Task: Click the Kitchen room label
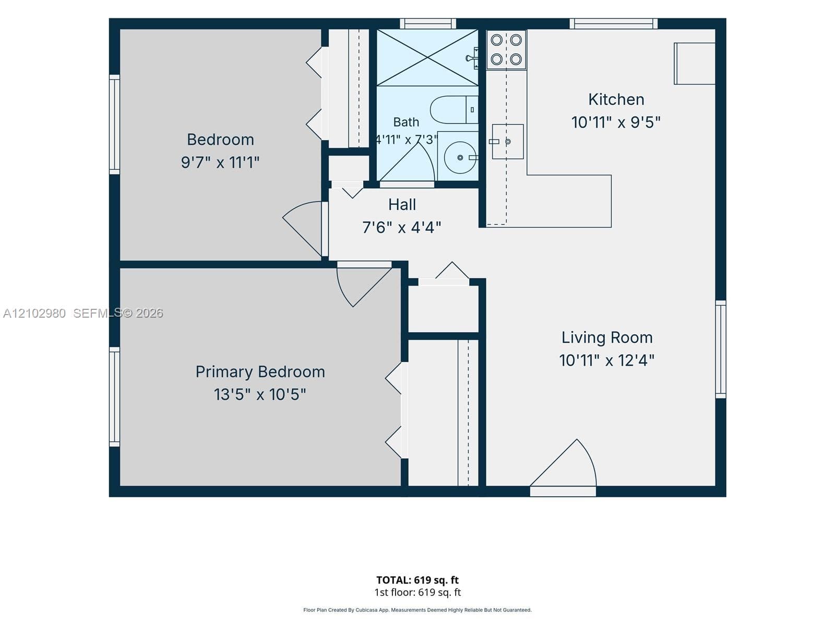(616, 100)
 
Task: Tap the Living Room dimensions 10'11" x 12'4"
(607, 360)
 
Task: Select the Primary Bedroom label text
(260, 372)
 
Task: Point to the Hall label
(402, 205)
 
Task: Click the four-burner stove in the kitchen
(506, 50)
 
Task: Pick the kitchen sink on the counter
(507, 142)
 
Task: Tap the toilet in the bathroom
(454, 110)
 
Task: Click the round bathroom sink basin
(460, 158)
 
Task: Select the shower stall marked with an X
(427, 57)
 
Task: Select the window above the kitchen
(613, 24)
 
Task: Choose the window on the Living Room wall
(721, 349)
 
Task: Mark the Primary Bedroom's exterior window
(114, 396)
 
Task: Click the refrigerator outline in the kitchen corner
(694, 64)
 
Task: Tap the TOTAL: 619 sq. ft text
(417, 580)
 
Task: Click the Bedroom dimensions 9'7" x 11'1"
(220, 162)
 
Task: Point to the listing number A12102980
(34, 313)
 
